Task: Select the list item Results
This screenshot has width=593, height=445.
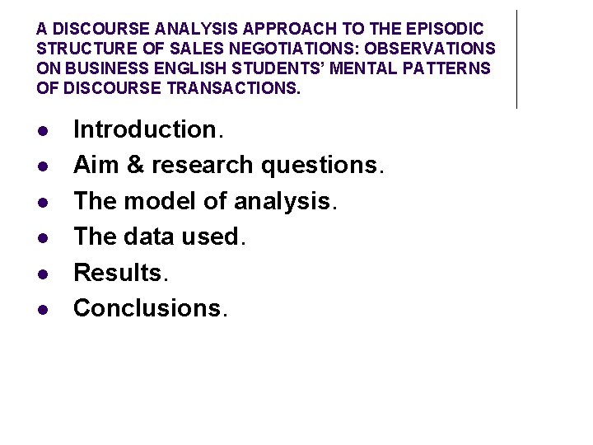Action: pos(116,272)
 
